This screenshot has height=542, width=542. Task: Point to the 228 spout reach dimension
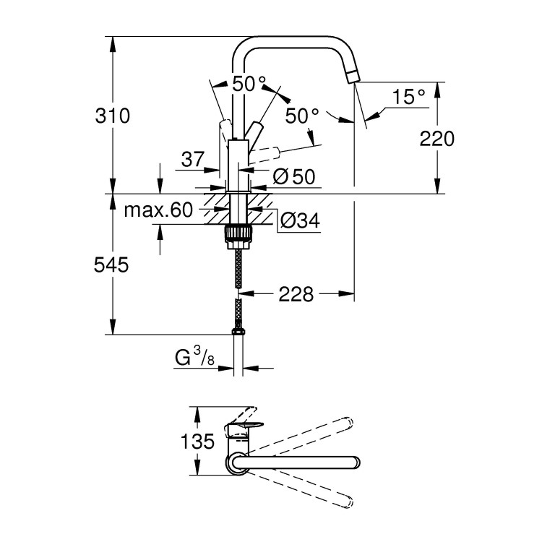point(296,294)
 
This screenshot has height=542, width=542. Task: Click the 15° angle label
point(409,97)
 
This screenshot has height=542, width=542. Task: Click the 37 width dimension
point(192,160)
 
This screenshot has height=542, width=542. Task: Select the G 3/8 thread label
point(194,357)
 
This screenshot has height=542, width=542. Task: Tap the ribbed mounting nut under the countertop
point(239,233)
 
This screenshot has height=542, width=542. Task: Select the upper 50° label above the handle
point(238,84)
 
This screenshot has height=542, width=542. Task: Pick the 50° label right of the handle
point(301,116)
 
